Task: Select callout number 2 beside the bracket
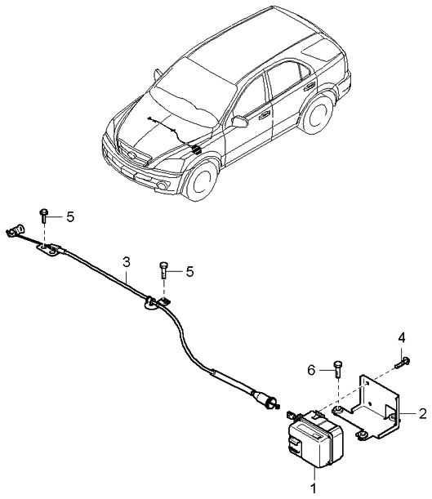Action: tap(422, 413)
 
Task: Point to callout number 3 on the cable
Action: tap(127, 262)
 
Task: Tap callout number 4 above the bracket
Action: tap(401, 337)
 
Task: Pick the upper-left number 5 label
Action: tap(70, 217)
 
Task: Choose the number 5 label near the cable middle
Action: tap(189, 271)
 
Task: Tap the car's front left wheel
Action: tap(199, 180)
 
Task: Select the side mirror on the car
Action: tap(239, 122)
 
